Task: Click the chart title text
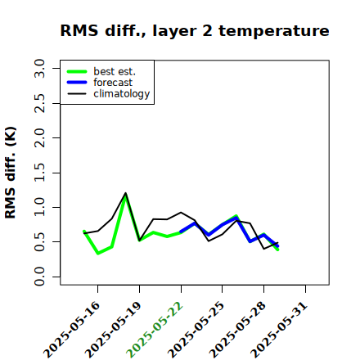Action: click(x=195, y=31)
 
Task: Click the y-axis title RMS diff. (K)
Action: click(x=11, y=173)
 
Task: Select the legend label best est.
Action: click(x=115, y=71)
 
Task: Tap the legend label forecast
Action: click(x=113, y=83)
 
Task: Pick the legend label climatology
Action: click(x=122, y=94)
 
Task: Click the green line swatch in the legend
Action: click(x=77, y=72)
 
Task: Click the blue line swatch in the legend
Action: click(x=77, y=83)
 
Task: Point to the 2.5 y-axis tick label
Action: click(x=39, y=103)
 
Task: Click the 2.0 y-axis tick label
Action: click(x=39, y=138)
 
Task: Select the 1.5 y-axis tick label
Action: click(x=39, y=173)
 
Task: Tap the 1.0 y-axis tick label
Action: click(x=39, y=207)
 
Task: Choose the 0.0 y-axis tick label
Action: click(x=39, y=277)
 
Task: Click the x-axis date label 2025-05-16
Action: click(x=71, y=330)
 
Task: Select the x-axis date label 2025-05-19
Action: click(x=113, y=330)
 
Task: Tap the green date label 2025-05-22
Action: click(x=155, y=330)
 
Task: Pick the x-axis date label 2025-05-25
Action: click(x=196, y=330)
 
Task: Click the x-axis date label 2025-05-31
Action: click(x=279, y=330)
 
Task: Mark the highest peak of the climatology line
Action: click(x=126, y=193)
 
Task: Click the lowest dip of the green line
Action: click(x=98, y=254)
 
